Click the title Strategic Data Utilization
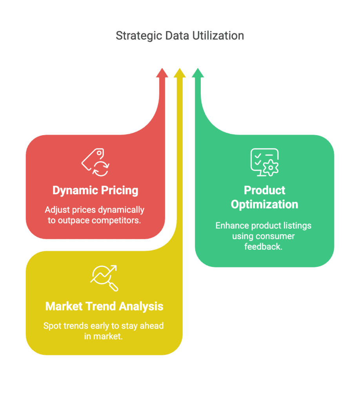[x=180, y=36]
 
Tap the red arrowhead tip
[x=162, y=68]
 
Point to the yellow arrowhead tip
[x=180, y=68]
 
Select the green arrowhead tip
[x=198, y=68]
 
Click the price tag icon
[x=96, y=162]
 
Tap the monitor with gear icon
[x=264, y=162]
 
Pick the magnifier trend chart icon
[x=104, y=278]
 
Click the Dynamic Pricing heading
[x=95, y=190]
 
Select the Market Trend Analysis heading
[x=104, y=306]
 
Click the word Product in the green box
[x=264, y=190]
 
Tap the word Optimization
[x=264, y=205]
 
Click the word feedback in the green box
[x=263, y=247]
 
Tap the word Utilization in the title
[x=218, y=36]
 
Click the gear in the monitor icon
[x=270, y=168]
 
